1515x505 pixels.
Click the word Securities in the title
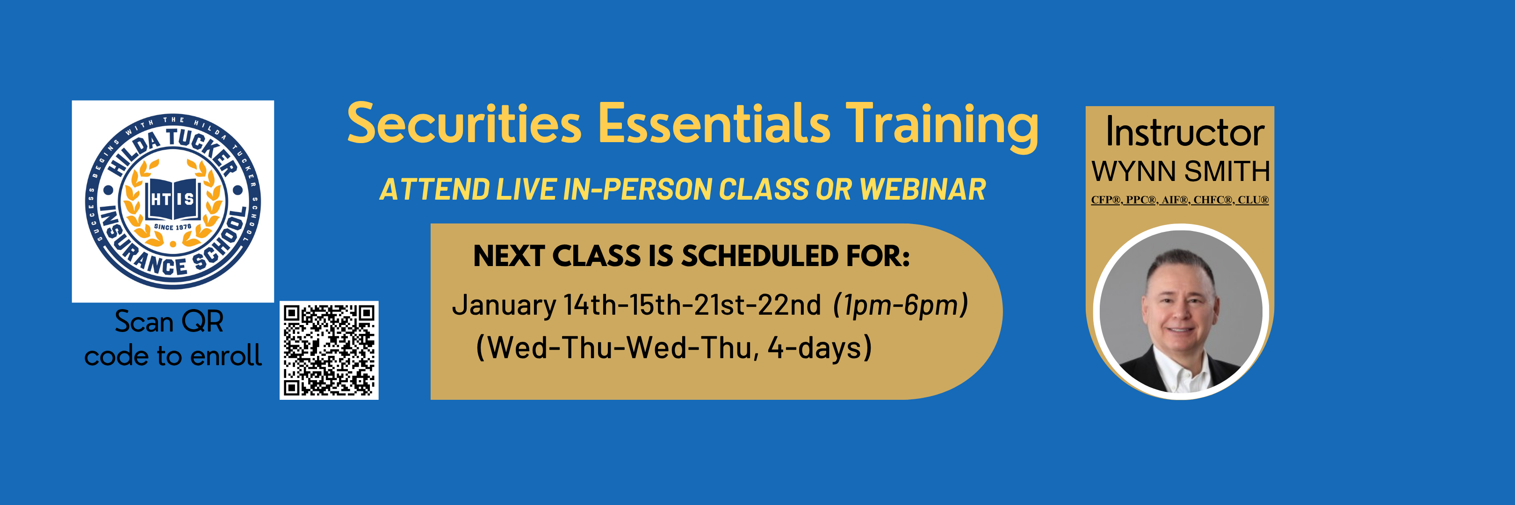(x=465, y=123)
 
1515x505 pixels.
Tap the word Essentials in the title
(x=714, y=123)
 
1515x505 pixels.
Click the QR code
(x=329, y=350)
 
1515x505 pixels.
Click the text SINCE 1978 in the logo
(x=173, y=227)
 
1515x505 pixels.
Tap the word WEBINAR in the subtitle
(x=923, y=189)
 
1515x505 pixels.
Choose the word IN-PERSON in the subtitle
(x=637, y=189)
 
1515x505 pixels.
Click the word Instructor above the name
(x=1184, y=132)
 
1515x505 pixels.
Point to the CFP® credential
(x=1107, y=200)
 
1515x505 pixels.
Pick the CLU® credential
(x=1253, y=200)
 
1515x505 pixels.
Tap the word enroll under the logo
(x=226, y=356)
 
